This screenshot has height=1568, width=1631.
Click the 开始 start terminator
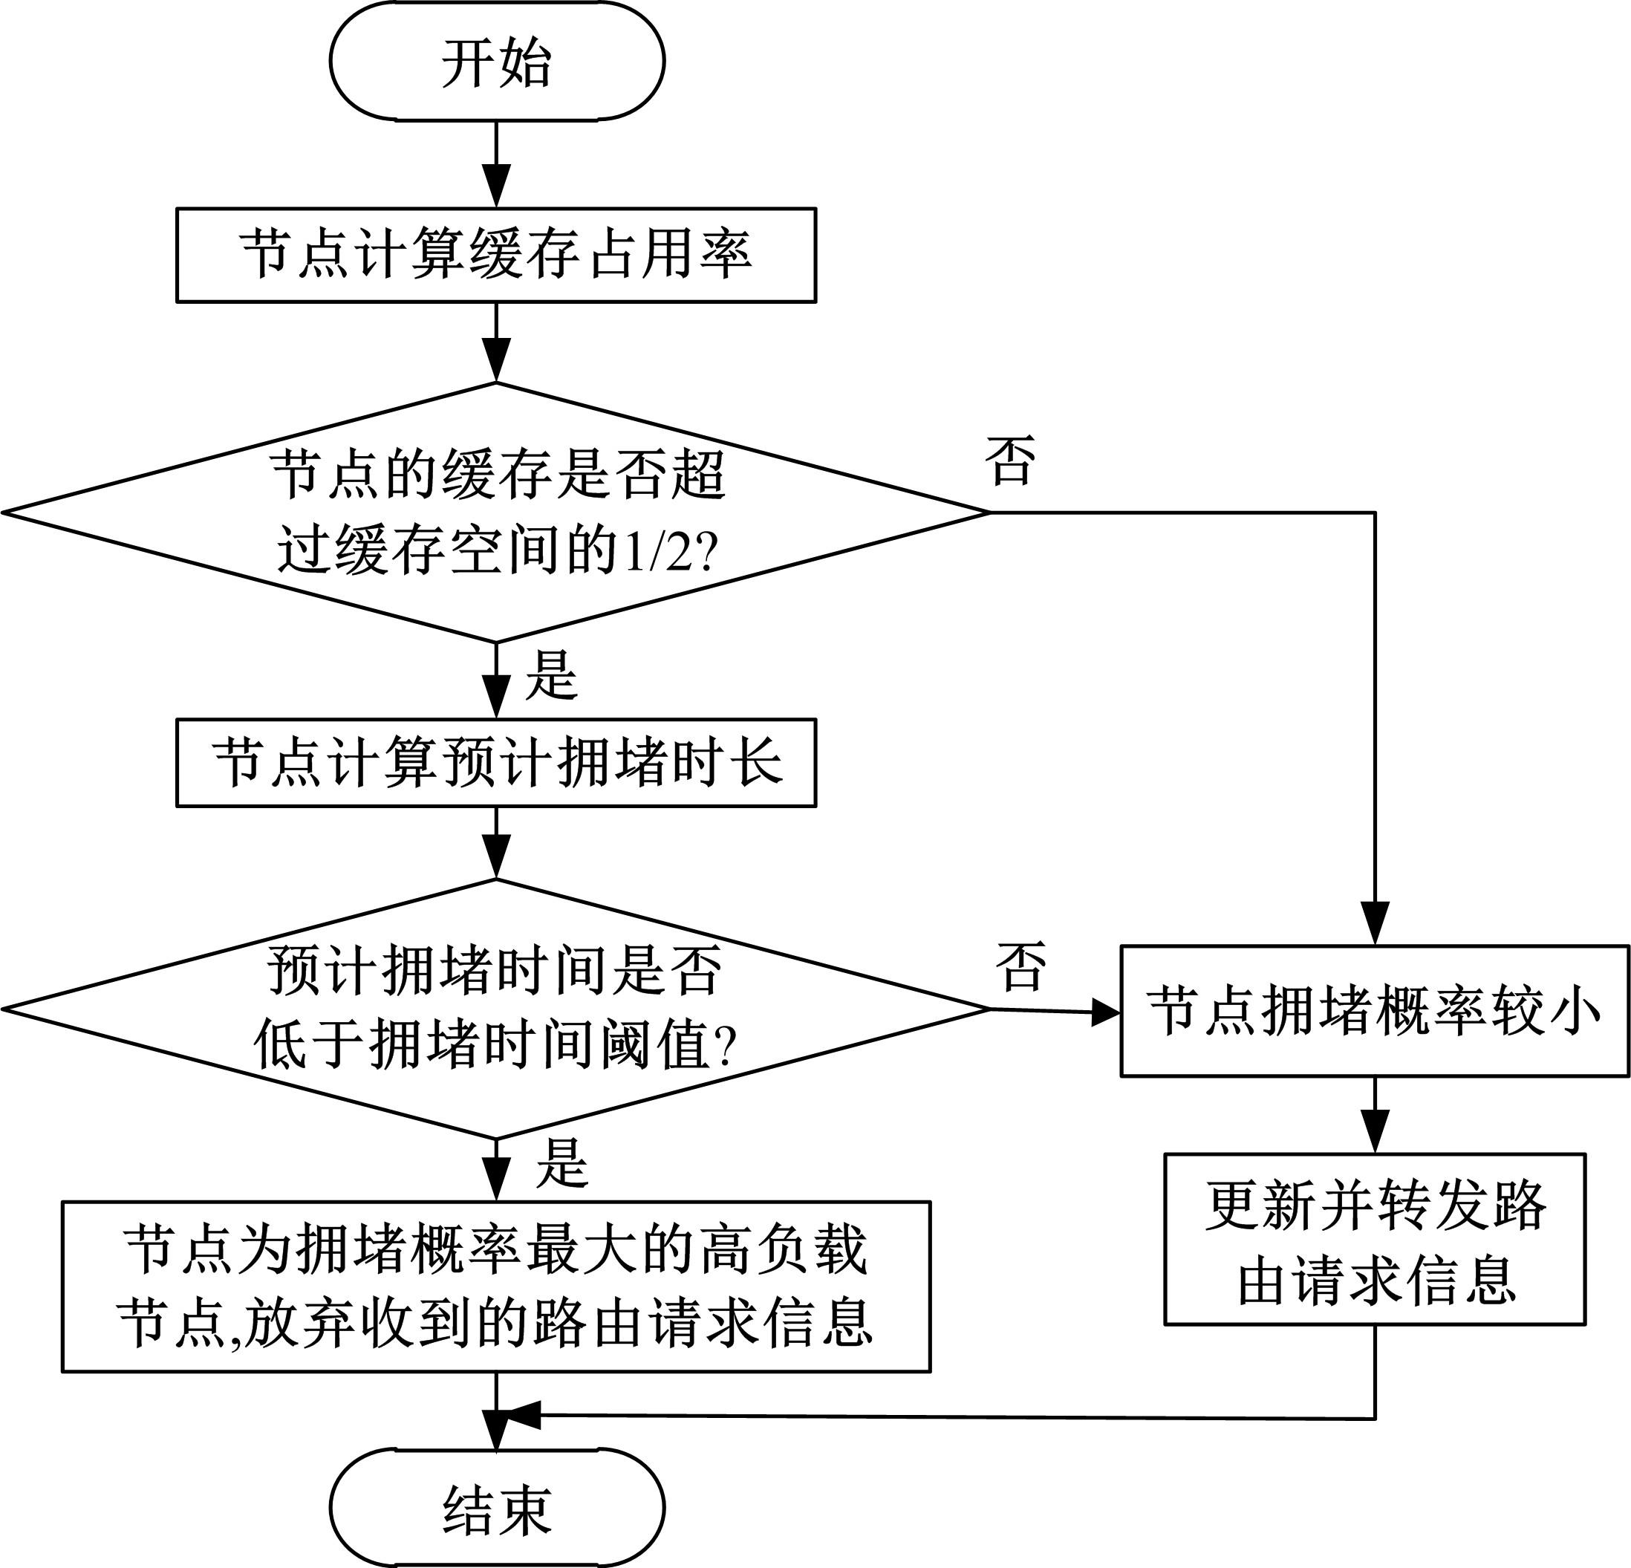(497, 62)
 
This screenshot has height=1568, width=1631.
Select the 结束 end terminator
(497, 1507)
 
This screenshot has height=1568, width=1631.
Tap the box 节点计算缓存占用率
(496, 255)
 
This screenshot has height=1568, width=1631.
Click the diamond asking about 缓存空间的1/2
(496, 512)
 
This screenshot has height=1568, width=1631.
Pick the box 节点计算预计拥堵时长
(496, 762)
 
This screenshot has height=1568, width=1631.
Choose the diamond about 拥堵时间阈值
(496, 1008)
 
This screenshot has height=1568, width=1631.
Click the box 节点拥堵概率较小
(1374, 1011)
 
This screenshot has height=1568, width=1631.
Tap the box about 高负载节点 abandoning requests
(496, 1286)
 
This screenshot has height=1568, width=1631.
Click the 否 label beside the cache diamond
(1010, 461)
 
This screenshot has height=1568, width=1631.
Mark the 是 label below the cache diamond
(551, 675)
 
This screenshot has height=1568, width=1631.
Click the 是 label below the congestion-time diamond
(562, 1163)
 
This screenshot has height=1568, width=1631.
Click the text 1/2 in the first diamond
(657, 551)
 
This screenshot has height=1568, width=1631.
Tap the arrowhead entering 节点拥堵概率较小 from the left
(1105, 1012)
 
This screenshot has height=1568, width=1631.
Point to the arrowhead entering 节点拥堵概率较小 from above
(1375, 925)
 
